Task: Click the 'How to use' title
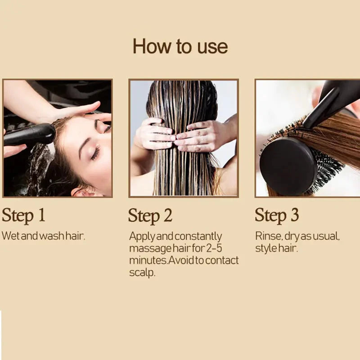point(180,46)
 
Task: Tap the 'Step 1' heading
point(23,215)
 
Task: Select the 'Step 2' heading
point(150,216)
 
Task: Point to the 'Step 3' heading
point(277,215)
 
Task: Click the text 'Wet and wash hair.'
point(43,236)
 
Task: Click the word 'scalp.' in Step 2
point(142,273)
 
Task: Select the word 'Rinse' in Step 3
point(268,236)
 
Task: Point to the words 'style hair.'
point(276,248)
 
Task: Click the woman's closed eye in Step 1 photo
point(95,153)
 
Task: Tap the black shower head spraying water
point(29,135)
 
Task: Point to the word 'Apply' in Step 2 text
point(141,236)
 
